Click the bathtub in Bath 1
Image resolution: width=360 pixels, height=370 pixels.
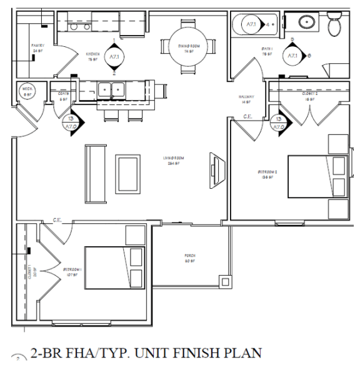pyautogui.click(x=252, y=26)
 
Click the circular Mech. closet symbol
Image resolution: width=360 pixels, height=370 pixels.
pyautogui.click(x=28, y=91)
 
